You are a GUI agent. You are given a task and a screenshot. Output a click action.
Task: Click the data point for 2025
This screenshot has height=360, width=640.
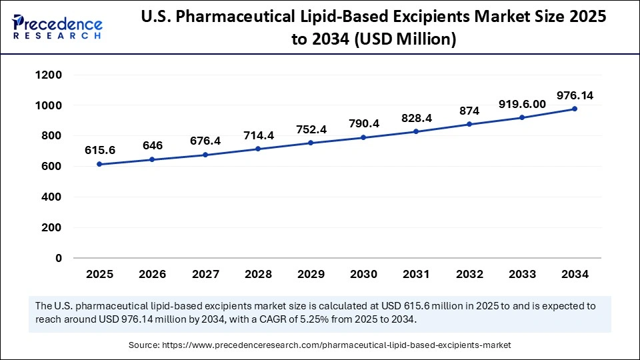coord(99,164)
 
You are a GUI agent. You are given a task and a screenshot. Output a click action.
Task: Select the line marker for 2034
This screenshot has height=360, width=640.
coord(575,109)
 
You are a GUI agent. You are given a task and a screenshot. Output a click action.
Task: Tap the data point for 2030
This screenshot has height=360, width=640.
coord(363,137)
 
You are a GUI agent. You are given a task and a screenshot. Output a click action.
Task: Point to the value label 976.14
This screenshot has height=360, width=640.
coord(575,96)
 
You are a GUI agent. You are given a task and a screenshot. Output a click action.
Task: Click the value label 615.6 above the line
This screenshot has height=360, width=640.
coord(99,151)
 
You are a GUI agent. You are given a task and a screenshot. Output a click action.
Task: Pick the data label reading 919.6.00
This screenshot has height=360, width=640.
coord(522,104)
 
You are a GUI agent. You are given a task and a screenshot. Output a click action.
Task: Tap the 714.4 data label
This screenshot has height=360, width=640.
coord(258,135)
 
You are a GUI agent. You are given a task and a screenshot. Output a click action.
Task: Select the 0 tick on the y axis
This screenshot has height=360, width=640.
coord(59,258)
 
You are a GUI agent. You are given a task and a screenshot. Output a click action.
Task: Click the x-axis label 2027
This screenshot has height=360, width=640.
coord(205,274)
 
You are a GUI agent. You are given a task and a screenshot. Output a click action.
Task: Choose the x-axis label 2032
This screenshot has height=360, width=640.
coord(469,274)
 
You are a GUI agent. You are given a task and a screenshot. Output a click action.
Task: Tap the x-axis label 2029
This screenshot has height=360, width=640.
coord(311,274)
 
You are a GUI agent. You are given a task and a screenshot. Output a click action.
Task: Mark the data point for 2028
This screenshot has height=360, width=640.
coord(258,149)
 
